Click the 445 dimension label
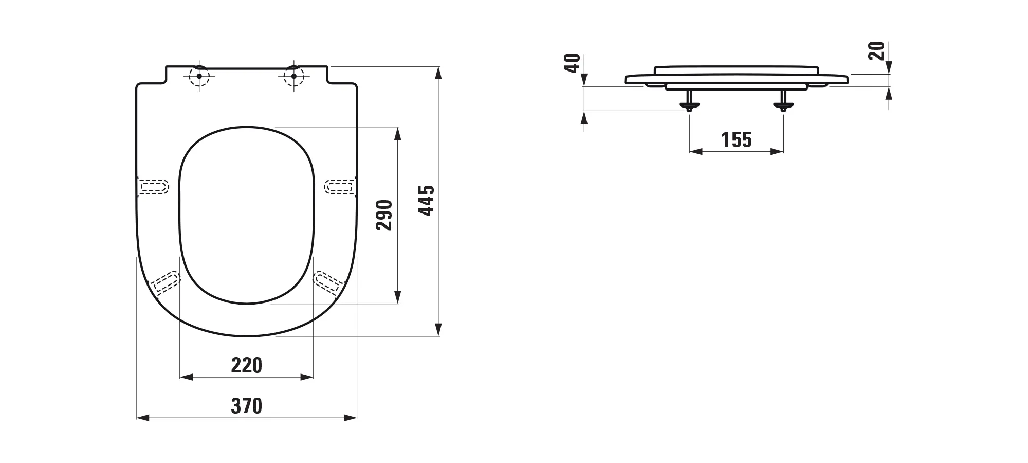click(427, 200)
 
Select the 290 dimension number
click(384, 215)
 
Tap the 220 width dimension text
click(247, 365)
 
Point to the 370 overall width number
click(247, 406)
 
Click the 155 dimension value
click(737, 140)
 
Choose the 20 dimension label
click(876, 51)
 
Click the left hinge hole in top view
click(199, 77)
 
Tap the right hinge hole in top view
click(294, 77)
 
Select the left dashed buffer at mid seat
click(153, 186)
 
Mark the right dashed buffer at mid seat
click(340, 186)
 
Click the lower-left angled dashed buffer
click(164, 283)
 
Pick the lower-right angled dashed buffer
click(329, 283)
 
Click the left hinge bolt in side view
click(689, 100)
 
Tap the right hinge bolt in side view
click(783, 100)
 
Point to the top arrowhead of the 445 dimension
click(438, 72)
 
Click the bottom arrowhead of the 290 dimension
click(397, 297)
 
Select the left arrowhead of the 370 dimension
click(142, 418)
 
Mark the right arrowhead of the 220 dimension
click(307, 377)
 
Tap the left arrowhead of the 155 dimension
click(696, 151)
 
